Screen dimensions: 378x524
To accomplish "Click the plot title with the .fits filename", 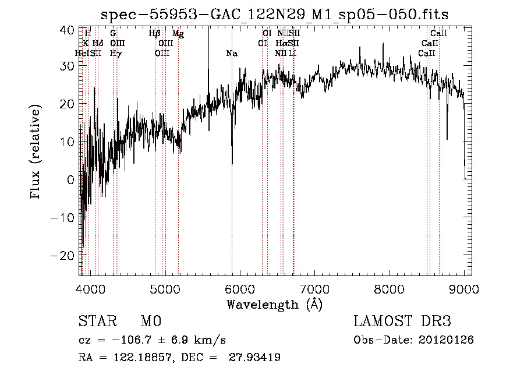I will pos(274,14).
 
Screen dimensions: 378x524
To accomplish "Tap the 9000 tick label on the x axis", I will pos(464,288).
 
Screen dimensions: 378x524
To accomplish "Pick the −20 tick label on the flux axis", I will pos(63,256).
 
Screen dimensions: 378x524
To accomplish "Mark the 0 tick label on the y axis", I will pos(70,180).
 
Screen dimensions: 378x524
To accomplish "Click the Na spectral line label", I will pos(232,54).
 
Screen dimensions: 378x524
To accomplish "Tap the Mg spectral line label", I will pos(178,34).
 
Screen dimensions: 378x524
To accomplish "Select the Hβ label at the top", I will pos(154,34).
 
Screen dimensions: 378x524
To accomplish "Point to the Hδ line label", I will pos(98,44).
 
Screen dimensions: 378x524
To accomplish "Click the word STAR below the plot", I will pos(96,322).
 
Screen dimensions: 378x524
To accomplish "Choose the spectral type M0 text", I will pos(151,322).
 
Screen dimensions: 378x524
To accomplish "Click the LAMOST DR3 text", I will pos(402,322).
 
